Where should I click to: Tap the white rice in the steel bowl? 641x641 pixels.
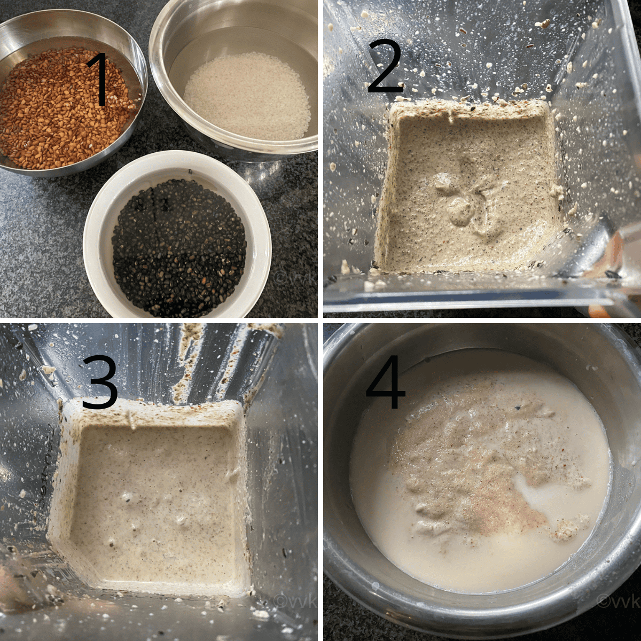[x=248, y=97]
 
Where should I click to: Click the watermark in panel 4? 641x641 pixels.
[x=618, y=592]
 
